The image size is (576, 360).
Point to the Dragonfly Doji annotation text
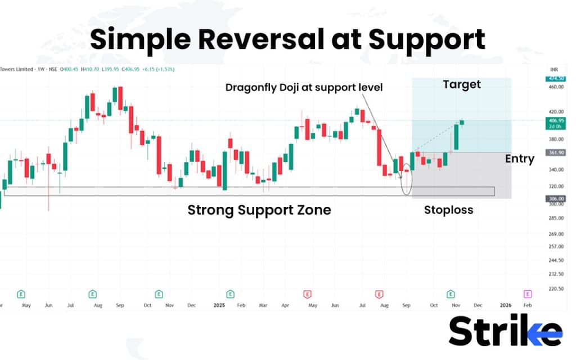point(304,88)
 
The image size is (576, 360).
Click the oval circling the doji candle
point(406,179)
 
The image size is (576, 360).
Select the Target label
point(462,84)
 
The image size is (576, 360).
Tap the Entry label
point(519,159)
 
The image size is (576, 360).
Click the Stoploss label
point(448,210)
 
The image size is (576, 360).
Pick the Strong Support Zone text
point(259,210)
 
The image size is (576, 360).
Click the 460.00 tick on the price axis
point(555,87)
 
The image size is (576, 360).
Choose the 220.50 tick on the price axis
point(555,289)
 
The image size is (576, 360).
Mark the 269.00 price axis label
point(555,234)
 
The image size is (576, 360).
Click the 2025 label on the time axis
point(219,304)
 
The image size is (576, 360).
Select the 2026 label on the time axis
point(505,304)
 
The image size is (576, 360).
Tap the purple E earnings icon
point(527,294)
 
